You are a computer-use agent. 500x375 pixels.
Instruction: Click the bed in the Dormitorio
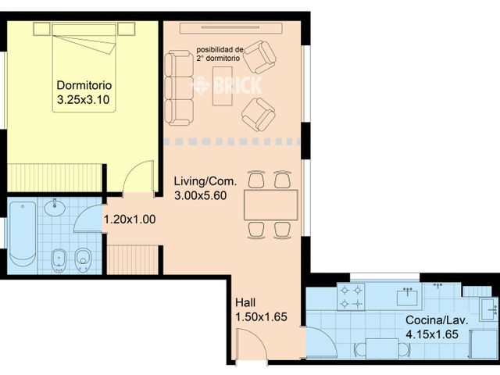pyautogui.click(x=84, y=66)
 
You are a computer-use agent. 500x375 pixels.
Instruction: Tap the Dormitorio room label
pyautogui.click(x=85, y=86)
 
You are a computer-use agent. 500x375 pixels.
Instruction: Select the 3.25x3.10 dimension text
pyautogui.click(x=85, y=100)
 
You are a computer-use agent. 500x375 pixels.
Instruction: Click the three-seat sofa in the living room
pyautogui.click(x=180, y=87)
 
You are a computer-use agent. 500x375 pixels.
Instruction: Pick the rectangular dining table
pyautogui.click(x=270, y=205)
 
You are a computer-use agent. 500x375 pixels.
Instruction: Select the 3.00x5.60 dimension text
pyautogui.click(x=200, y=196)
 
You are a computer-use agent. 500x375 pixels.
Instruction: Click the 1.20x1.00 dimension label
pyautogui.click(x=130, y=220)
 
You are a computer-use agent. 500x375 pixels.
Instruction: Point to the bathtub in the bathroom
pyautogui.click(x=22, y=234)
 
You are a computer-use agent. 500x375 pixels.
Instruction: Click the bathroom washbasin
pyautogui.click(x=55, y=209)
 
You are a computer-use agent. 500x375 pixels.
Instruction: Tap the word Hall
pyautogui.click(x=246, y=302)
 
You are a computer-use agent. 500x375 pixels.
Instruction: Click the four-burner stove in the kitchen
pyautogui.click(x=350, y=295)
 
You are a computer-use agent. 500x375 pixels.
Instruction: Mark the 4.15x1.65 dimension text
pyautogui.click(x=432, y=334)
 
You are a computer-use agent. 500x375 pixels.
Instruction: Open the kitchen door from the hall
pyautogui.click(x=319, y=341)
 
